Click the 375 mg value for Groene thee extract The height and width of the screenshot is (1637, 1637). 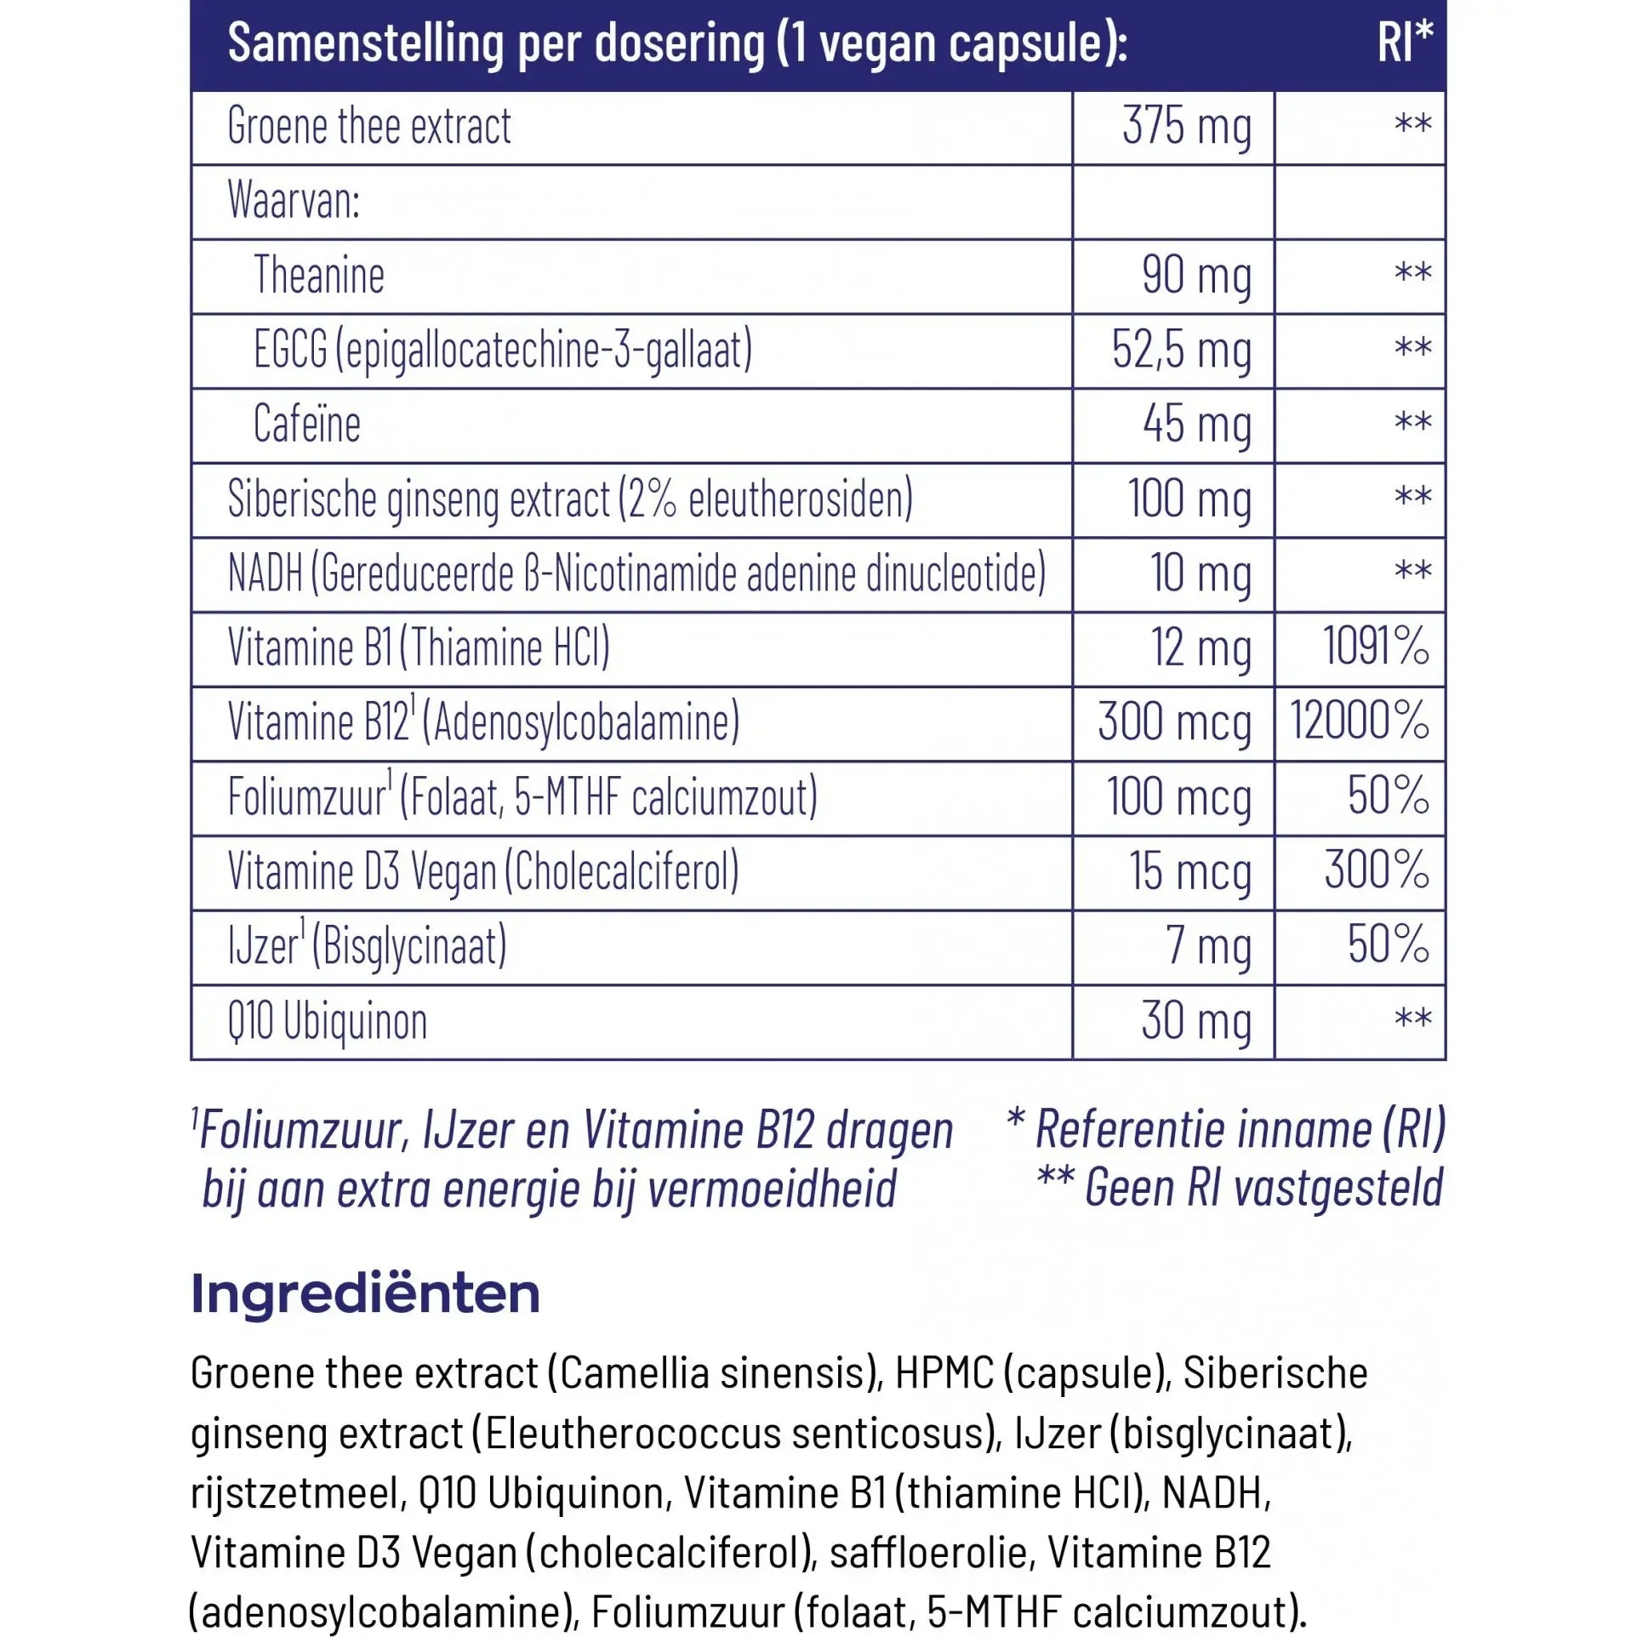1186,128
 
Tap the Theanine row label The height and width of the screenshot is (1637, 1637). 319,276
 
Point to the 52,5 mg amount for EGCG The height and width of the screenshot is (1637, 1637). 1181,351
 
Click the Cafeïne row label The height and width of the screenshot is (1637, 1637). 307,425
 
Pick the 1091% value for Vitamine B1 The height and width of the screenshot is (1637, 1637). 1375,647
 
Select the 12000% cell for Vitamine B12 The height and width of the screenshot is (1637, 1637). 1359,722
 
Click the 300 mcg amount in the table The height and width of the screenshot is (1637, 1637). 1173,723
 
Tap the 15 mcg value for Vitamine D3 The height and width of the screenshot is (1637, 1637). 1189,872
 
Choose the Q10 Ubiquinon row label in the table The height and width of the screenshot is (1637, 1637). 328,1022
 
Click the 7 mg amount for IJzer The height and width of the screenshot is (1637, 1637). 1208,946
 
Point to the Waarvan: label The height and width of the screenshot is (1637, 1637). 294,202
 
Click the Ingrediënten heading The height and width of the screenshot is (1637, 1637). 365,1294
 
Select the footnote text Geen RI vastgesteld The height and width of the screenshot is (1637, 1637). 1263,1188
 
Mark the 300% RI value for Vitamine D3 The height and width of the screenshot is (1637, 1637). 1376,870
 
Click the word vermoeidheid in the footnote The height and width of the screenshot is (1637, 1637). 772,1189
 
